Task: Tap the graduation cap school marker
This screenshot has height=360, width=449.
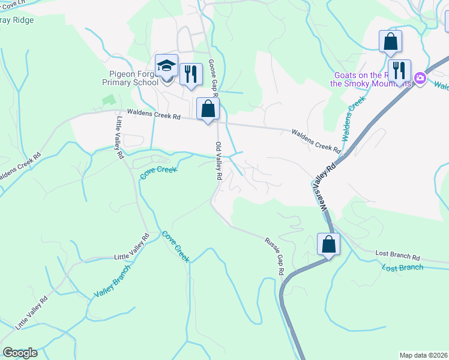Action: [166, 66]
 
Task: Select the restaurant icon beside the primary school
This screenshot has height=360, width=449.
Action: [191, 74]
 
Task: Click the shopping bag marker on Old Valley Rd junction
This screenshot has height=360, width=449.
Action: [208, 109]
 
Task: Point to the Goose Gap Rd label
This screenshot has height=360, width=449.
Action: [212, 78]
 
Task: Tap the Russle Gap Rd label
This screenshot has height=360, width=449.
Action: [274, 256]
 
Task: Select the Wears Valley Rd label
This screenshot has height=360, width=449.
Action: [324, 188]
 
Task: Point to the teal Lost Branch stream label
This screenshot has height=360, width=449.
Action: [402, 267]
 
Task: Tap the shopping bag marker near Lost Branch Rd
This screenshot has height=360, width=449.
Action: [328, 244]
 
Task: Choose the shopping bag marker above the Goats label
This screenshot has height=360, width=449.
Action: [390, 41]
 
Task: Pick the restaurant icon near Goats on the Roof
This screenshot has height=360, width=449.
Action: [399, 71]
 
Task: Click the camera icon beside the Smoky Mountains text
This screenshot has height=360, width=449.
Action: [420, 78]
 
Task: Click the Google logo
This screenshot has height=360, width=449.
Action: [20, 353]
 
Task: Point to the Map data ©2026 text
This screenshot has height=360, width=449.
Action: [423, 355]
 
